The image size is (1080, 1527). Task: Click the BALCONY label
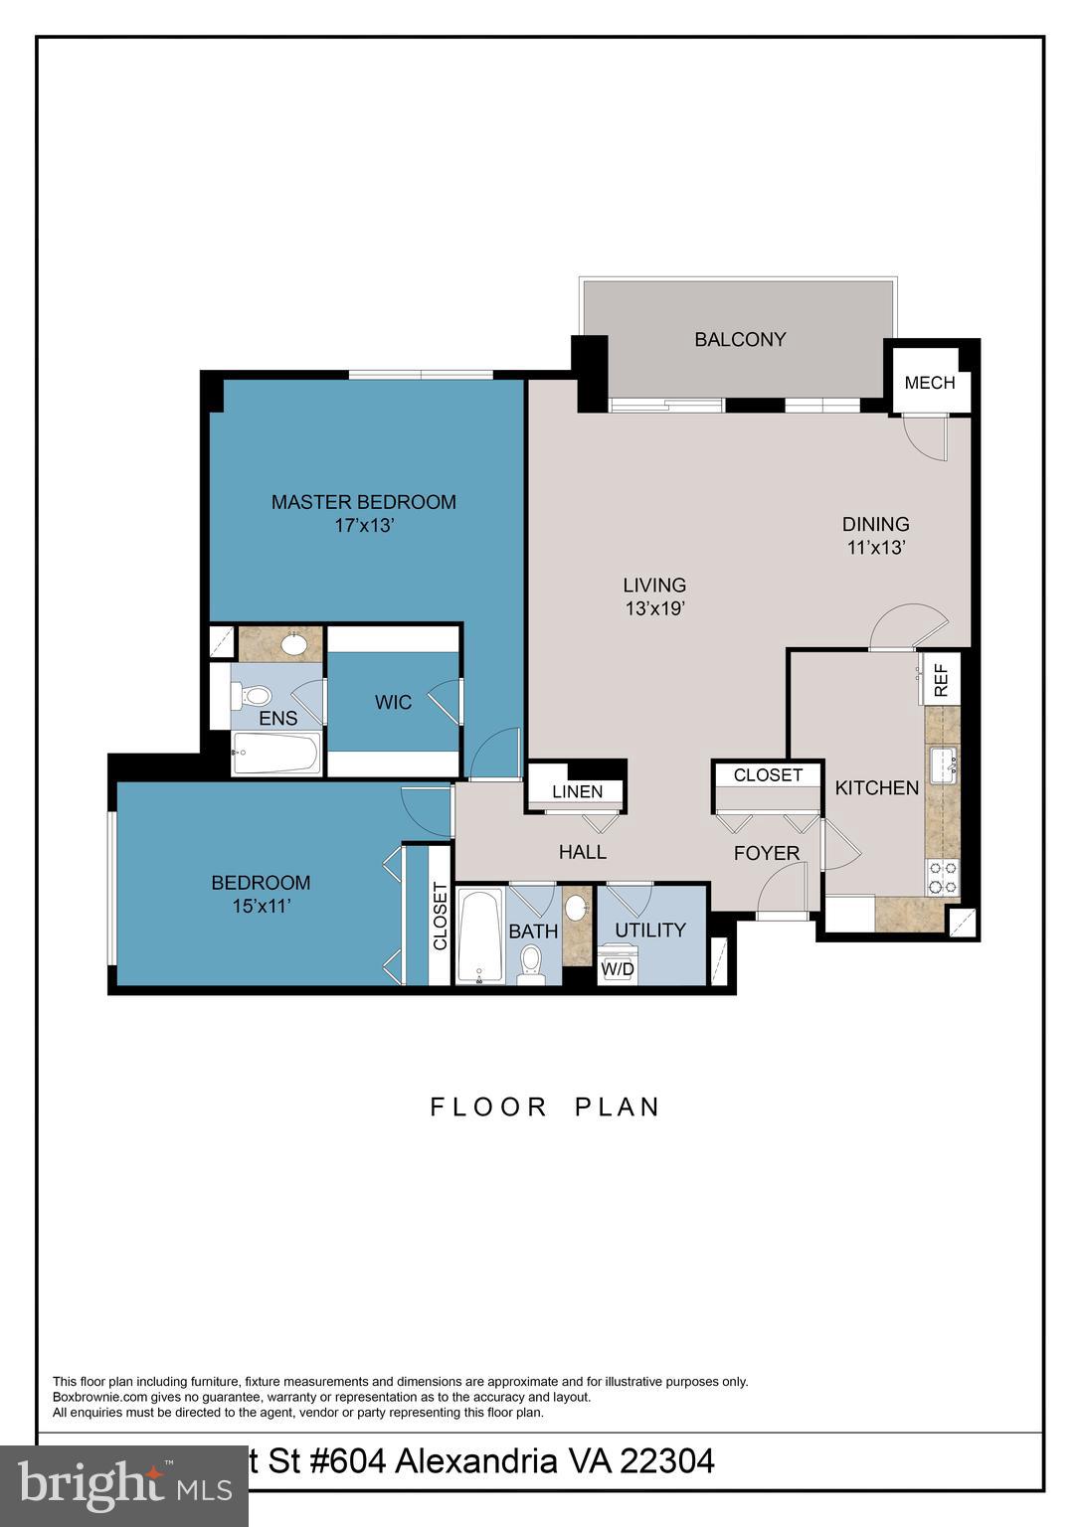[x=740, y=340]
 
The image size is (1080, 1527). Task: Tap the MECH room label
[x=930, y=383]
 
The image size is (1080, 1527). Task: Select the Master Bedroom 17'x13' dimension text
[x=364, y=526]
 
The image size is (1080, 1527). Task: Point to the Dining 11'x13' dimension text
[x=875, y=547]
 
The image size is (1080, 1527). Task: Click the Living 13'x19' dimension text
[x=654, y=608]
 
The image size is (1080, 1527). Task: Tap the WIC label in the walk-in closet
[x=393, y=703]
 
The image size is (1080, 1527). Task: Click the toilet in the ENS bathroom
[x=255, y=694]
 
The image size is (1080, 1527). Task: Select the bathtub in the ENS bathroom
[x=275, y=755]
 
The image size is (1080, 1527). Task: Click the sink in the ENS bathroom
[x=293, y=644]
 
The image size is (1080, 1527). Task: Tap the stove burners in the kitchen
[x=942, y=877]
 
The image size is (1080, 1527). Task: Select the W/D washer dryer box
[x=617, y=969]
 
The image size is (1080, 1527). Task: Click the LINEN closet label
[x=577, y=791]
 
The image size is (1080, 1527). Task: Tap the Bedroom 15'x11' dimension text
[x=261, y=906]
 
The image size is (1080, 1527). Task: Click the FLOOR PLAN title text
[x=545, y=1107]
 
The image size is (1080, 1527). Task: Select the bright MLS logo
[x=124, y=1485]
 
